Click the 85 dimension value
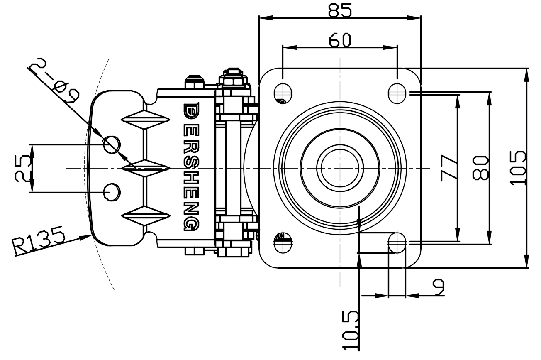pyautogui.click(x=340, y=10)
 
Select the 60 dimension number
pyautogui.click(x=340, y=40)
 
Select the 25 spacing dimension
pyautogui.click(x=23, y=168)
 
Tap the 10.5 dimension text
pyautogui.click(x=351, y=331)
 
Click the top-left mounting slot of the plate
pyautogui.click(x=283, y=93)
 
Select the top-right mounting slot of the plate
pyautogui.click(x=397, y=93)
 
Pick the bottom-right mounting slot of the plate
pyautogui.click(x=397, y=242)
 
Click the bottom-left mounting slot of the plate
pyautogui.click(x=283, y=242)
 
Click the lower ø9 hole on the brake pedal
pyautogui.click(x=112, y=192)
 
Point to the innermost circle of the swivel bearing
pyautogui.click(x=340, y=168)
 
